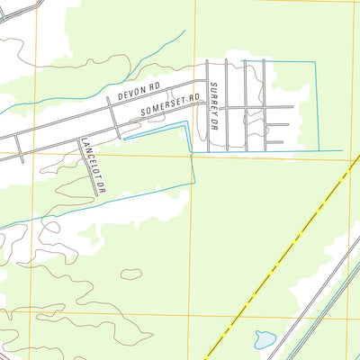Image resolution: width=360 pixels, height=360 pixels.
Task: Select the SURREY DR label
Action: click(213, 96)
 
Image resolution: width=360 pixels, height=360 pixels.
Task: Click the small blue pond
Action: click(265, 340)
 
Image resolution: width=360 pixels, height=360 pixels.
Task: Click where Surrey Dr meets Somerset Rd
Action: click(209, 107)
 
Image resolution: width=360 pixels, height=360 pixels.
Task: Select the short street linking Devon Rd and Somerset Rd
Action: click(112, 118)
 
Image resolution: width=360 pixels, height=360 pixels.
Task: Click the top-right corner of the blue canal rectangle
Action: click(317, 62)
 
